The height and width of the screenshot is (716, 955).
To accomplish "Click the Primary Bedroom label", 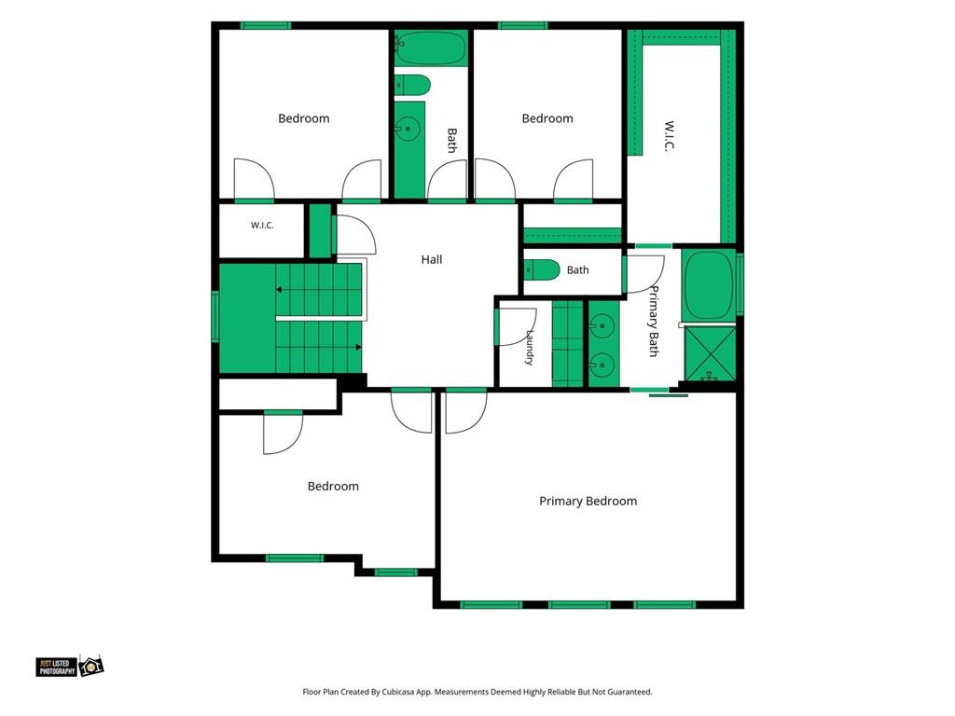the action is pos(588,501).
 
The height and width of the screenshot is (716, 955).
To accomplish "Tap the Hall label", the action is pos(431,259).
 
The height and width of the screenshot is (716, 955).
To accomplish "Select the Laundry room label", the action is pos(530,348).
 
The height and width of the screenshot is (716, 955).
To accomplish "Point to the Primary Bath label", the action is pos(654,321).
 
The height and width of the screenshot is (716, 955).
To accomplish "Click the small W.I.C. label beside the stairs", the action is pos(262,226).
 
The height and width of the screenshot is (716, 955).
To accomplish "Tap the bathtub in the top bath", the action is pos(431,48).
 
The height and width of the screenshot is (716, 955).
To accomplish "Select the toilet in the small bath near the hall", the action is pos(542,269).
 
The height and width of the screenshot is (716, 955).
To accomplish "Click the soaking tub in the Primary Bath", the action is pos(709,284).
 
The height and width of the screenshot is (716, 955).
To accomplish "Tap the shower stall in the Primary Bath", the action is pos(710,353).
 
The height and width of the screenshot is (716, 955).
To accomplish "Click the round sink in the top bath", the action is pos(405,129).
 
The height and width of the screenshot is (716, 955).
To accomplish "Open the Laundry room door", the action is pos(515,327).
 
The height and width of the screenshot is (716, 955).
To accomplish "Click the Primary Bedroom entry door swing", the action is pos(466,411).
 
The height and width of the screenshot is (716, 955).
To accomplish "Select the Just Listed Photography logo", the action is pos(69,666).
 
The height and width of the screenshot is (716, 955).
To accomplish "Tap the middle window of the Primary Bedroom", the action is pos(579,604).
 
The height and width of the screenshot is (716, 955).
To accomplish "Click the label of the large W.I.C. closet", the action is pos(670,136).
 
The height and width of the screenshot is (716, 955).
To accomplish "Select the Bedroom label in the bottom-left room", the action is pos(333,486).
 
